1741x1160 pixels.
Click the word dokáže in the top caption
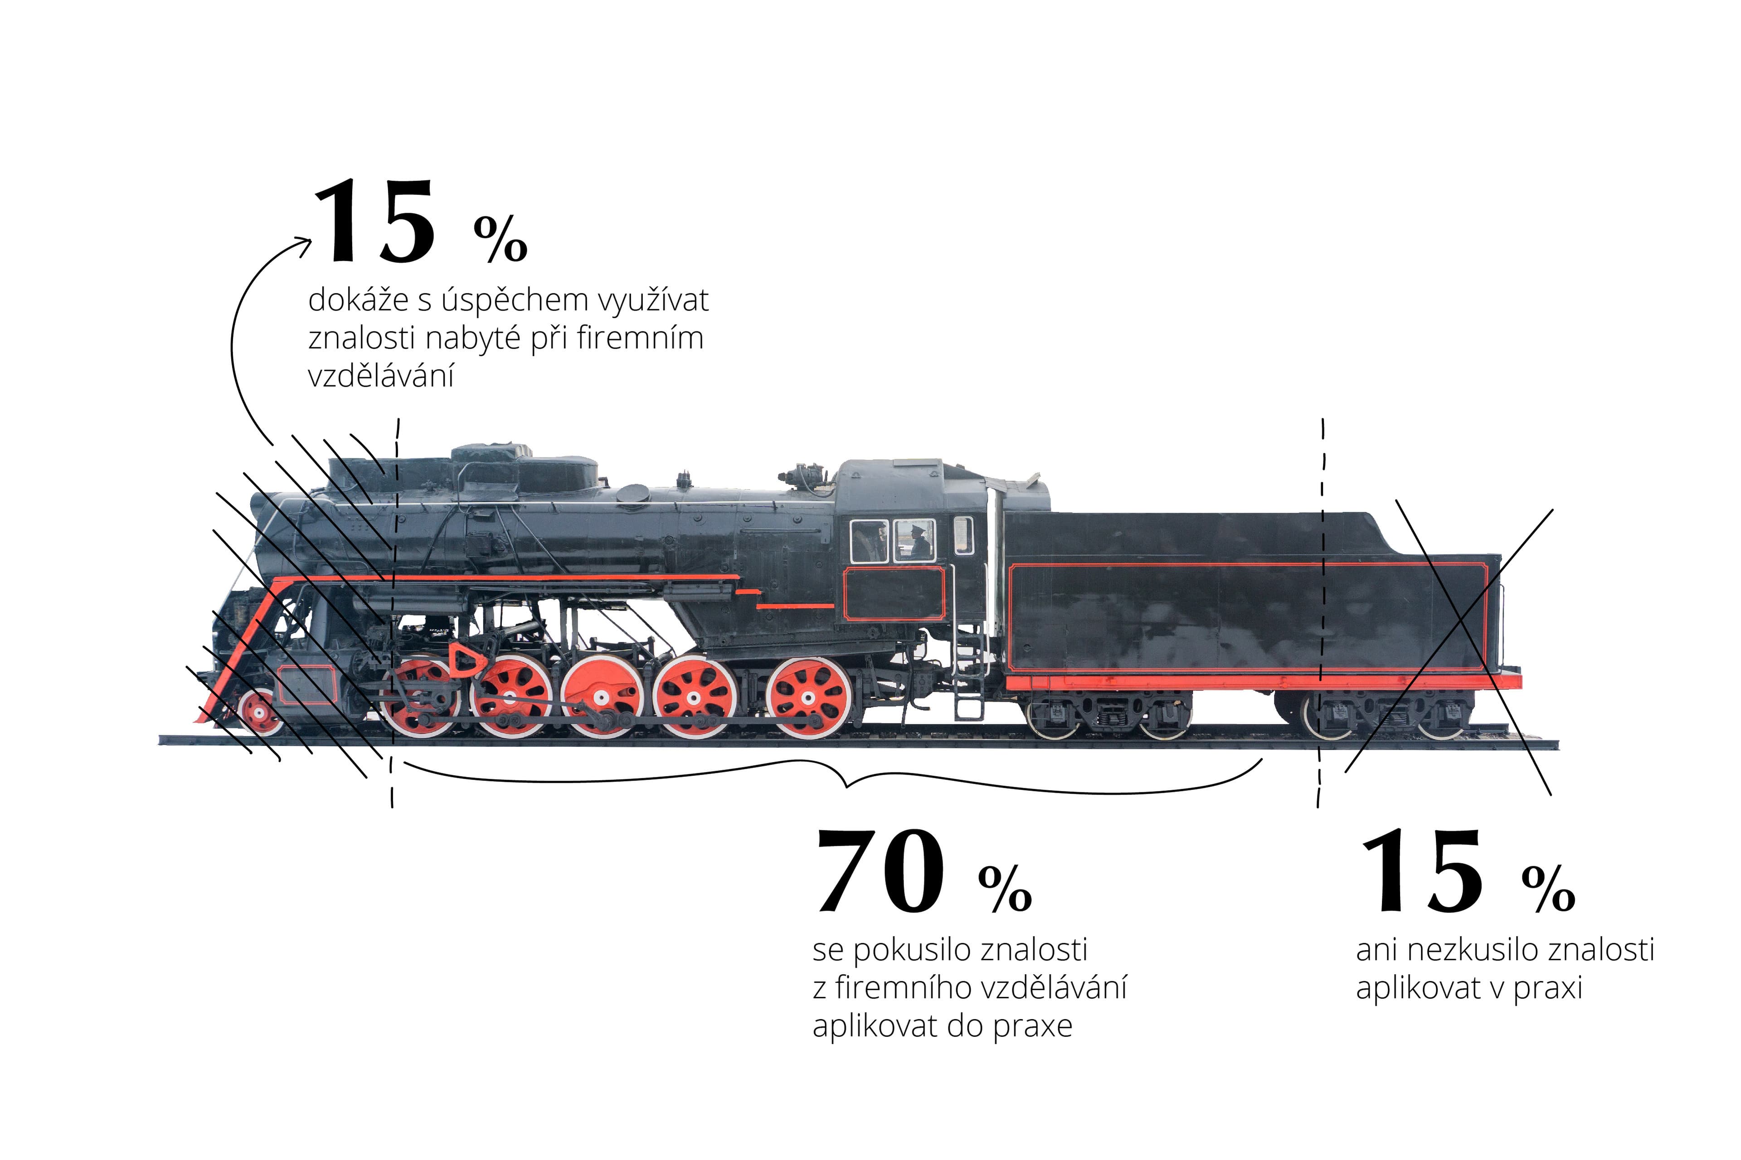click(358, 301)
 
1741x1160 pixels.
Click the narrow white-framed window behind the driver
click(963, 536)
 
